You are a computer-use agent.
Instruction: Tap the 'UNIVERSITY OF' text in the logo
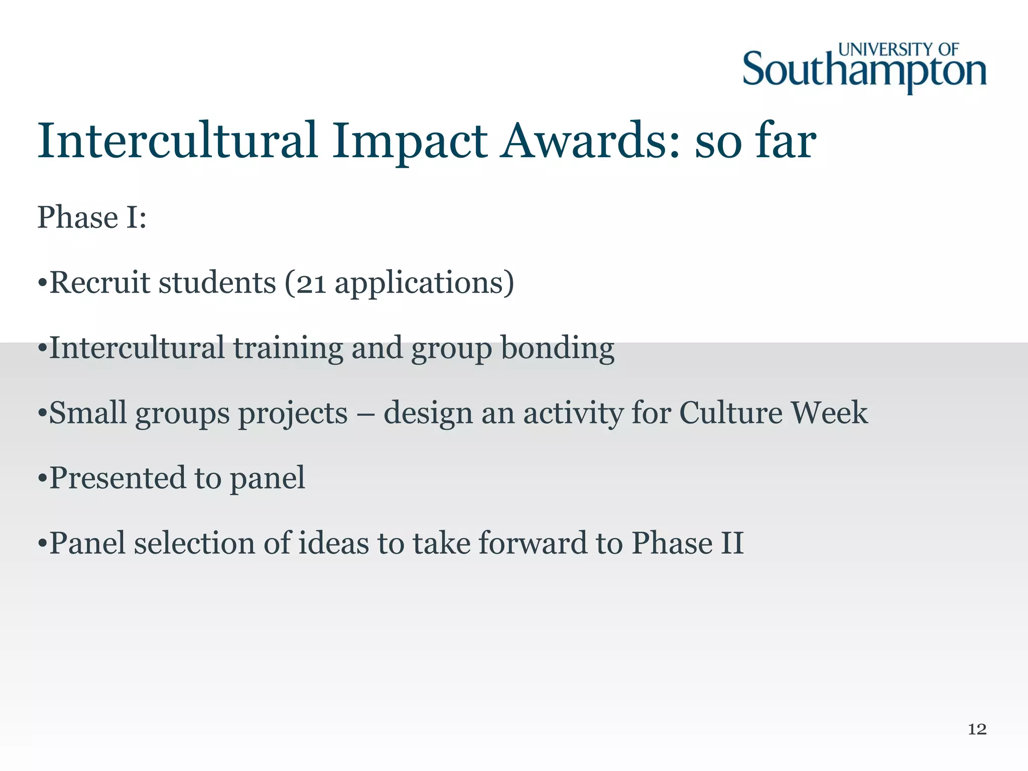point(898,50)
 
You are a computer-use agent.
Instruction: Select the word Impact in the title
point(409,142)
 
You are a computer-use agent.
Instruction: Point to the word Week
point(829,413)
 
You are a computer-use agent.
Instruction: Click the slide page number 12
point(977,729)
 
